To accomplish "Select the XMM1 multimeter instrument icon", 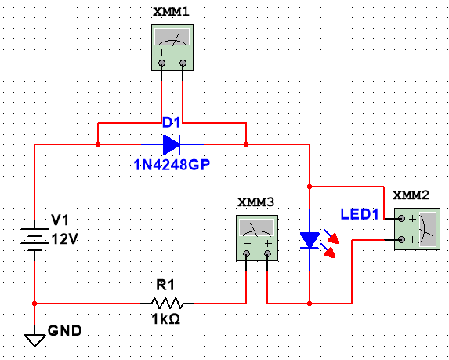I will click(x=172, y=47).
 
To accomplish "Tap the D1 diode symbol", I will click(x=172, y=144).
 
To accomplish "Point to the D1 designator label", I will click(x=171, y=123).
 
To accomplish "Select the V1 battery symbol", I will click(x=35, y=235).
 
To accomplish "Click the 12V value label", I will click(x=64, y=239).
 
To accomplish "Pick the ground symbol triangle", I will click(x=35, y=338).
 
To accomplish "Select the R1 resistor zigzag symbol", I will click(x=167, y=302).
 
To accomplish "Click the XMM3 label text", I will click(x=256, y=202).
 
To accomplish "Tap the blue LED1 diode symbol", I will click(x=310, y=241).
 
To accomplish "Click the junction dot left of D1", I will click(x=97, y=144).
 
